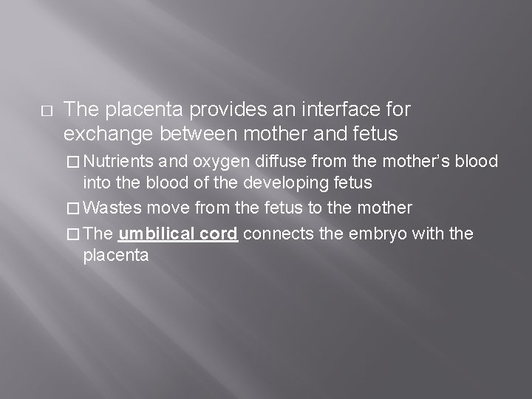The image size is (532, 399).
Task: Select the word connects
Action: (278, 234)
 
